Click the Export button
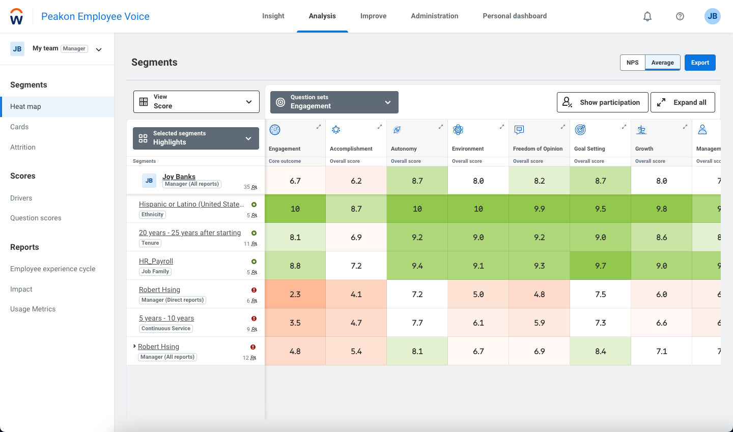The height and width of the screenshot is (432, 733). click(x=700, y=63)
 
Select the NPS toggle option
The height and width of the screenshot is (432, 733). click(x=632, y=63)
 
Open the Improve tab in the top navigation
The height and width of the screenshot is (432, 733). click(x=373, y=16)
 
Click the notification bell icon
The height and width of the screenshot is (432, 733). click(x=647, y=16)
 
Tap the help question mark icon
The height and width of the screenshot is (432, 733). click(x=680, y=16)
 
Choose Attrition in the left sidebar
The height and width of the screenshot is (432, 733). click(x=23, y=147)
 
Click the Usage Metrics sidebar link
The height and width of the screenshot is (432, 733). click(x=33, y=309)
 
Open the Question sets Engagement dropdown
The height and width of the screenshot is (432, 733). click(x=334, y=102)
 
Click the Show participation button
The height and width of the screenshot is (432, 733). click(x=602, y=102)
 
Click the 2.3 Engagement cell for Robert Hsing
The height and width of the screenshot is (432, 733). click(x=295, y=294)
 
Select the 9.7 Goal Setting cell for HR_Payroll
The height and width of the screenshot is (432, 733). click(x=601, y=266)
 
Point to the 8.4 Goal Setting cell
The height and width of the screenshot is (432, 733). click(x=601, y=351)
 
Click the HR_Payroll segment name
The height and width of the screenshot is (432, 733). click(x=156, y=261)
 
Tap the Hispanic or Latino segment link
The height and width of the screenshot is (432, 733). click(x=191, y=204)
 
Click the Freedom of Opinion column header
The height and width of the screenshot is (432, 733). click(x=538, y=149)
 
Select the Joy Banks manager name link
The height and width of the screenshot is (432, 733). click(x=179, y=177)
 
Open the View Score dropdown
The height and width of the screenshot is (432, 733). click(x=196, y=102)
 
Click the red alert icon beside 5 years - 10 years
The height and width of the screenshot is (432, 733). click(x=254, y=319)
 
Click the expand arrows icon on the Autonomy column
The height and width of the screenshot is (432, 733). click(x=441, y=127)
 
